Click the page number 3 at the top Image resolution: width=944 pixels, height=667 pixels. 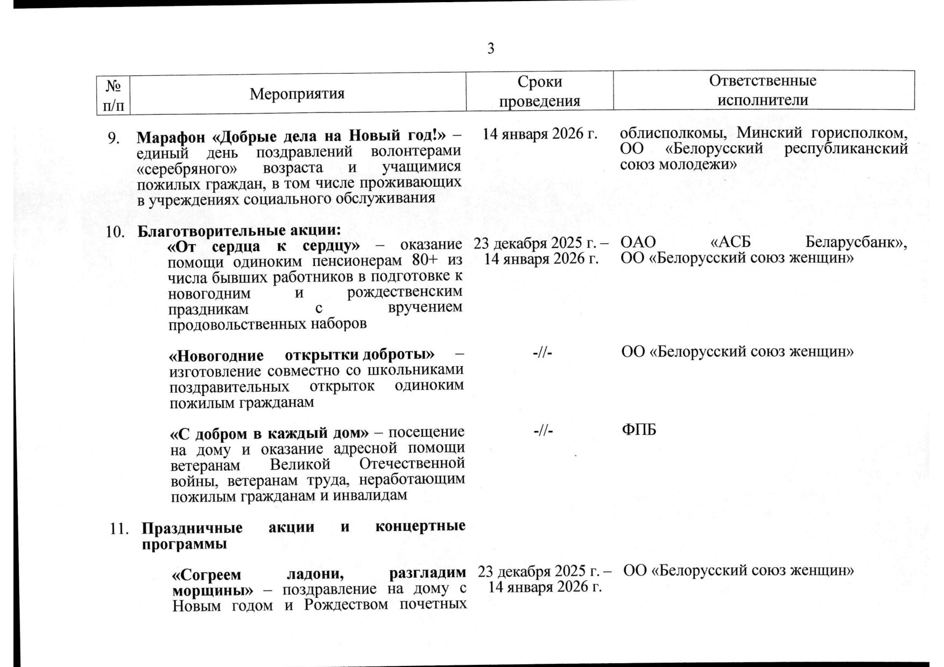pos(490,49)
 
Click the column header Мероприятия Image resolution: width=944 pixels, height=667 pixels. pos(297,94)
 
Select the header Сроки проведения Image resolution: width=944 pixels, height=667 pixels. pos(540,91)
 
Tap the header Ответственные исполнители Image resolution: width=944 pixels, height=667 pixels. pos(763,90)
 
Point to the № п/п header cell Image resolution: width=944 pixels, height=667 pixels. pos(113,95)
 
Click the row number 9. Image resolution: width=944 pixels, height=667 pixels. pos(114,138)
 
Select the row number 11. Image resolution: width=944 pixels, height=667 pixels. pos(119,529)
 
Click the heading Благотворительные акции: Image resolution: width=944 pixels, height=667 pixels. pos(239,231)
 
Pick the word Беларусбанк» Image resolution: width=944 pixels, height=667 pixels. pos(856,243)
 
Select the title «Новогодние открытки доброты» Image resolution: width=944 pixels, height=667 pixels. pos(302,356)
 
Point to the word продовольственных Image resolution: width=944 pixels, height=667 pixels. pos(238,324)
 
